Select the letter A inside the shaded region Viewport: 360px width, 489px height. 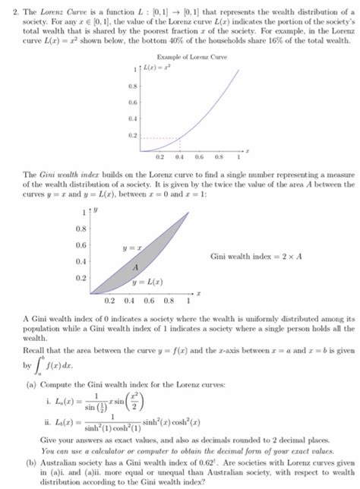[x=134, y=268]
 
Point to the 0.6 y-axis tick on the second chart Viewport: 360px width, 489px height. [x=80, y=244]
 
